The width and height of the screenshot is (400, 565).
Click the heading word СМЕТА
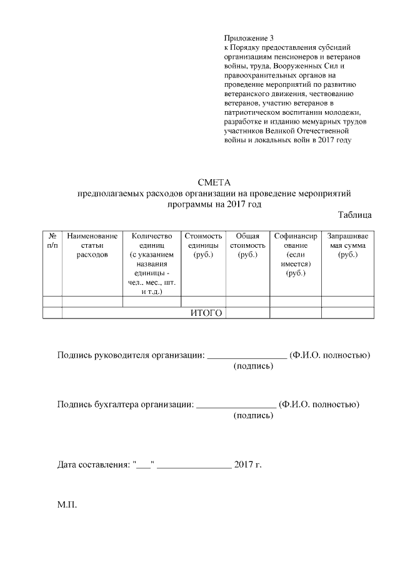214,183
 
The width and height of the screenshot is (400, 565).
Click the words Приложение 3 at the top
249,38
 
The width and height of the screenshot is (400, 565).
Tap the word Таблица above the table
355,215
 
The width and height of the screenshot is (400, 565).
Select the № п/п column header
52,241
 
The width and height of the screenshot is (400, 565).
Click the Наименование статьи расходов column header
92,245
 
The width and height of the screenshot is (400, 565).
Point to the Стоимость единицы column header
203,245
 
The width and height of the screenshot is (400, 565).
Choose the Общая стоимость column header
247,245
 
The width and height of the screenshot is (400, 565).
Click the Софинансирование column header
296,255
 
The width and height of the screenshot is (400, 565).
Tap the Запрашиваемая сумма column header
347,245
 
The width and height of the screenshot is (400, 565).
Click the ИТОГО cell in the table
206,313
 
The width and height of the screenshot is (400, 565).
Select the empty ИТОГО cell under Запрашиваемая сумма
347,313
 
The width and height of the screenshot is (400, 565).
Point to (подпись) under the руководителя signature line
253,366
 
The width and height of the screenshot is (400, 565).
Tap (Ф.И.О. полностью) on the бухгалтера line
319,404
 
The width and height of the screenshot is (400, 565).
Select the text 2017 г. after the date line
247,465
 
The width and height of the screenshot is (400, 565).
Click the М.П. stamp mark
67,503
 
